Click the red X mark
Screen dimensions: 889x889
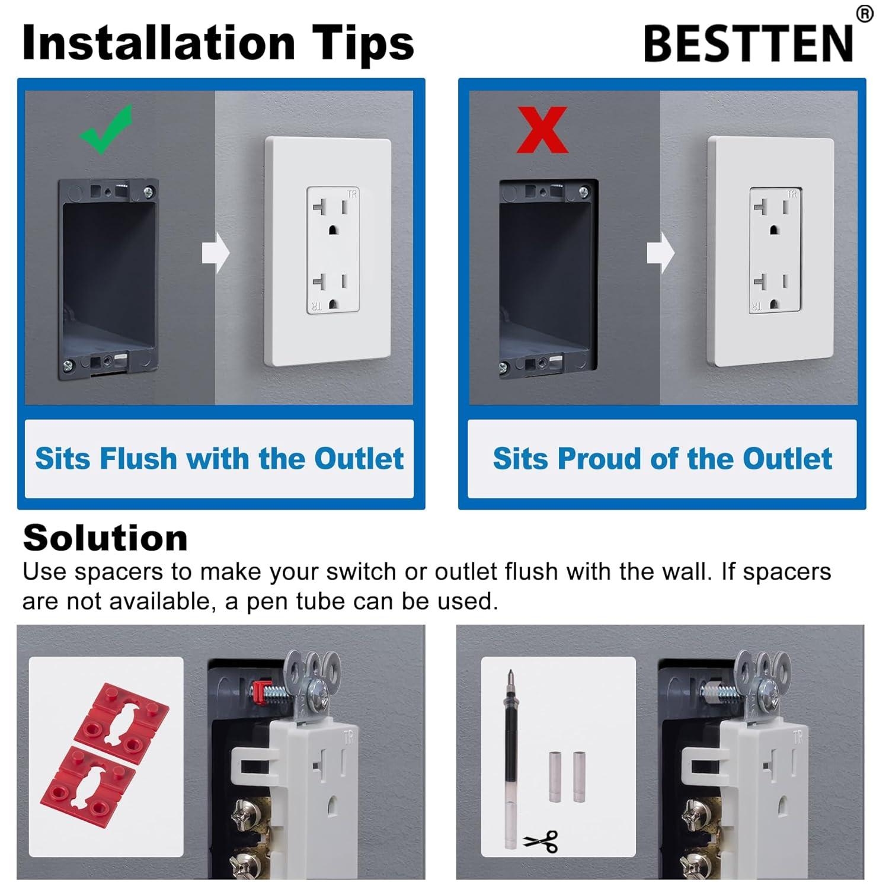542,130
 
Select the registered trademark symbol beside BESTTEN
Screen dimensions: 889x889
865,14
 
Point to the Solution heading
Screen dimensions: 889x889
105,538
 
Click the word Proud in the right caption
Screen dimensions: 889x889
600,459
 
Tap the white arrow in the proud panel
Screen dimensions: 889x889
660,252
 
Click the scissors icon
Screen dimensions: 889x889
541,840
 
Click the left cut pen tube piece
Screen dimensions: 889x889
554,776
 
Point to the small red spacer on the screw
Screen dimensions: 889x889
258,689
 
